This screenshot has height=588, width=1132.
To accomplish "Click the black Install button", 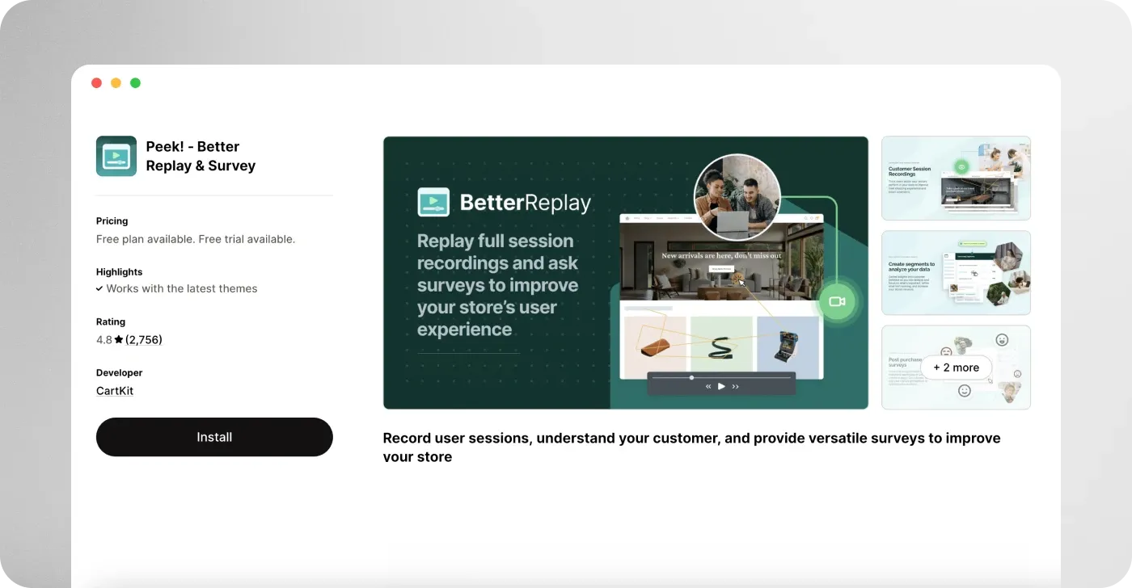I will (214, 437).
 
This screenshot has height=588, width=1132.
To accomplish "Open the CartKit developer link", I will (115, 391).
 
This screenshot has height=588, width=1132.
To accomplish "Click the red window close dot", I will (96, 83).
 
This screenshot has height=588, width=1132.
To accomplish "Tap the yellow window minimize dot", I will (116, 83).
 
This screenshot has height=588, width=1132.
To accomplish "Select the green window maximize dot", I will (135, 83).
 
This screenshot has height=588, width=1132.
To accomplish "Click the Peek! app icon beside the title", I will (116, 156).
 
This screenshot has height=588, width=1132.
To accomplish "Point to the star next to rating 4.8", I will (119, 340).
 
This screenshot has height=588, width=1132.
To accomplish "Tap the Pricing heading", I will (112, 221).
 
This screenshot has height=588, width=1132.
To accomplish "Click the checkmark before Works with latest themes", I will (99, 288).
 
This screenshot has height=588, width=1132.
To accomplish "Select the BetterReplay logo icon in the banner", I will (433, 202).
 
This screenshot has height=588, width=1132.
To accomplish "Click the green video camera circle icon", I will (837, 302).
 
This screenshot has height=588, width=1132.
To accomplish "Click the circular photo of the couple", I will (737, 198).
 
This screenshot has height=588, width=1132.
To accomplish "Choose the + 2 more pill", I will (956, 367).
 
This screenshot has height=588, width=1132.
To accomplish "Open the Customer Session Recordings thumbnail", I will (956, 178).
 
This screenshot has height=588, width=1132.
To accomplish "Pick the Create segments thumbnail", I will (956, 273).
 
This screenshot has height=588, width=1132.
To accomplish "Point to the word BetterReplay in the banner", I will (526, 202).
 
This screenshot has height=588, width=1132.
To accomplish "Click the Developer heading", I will (120, 373).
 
